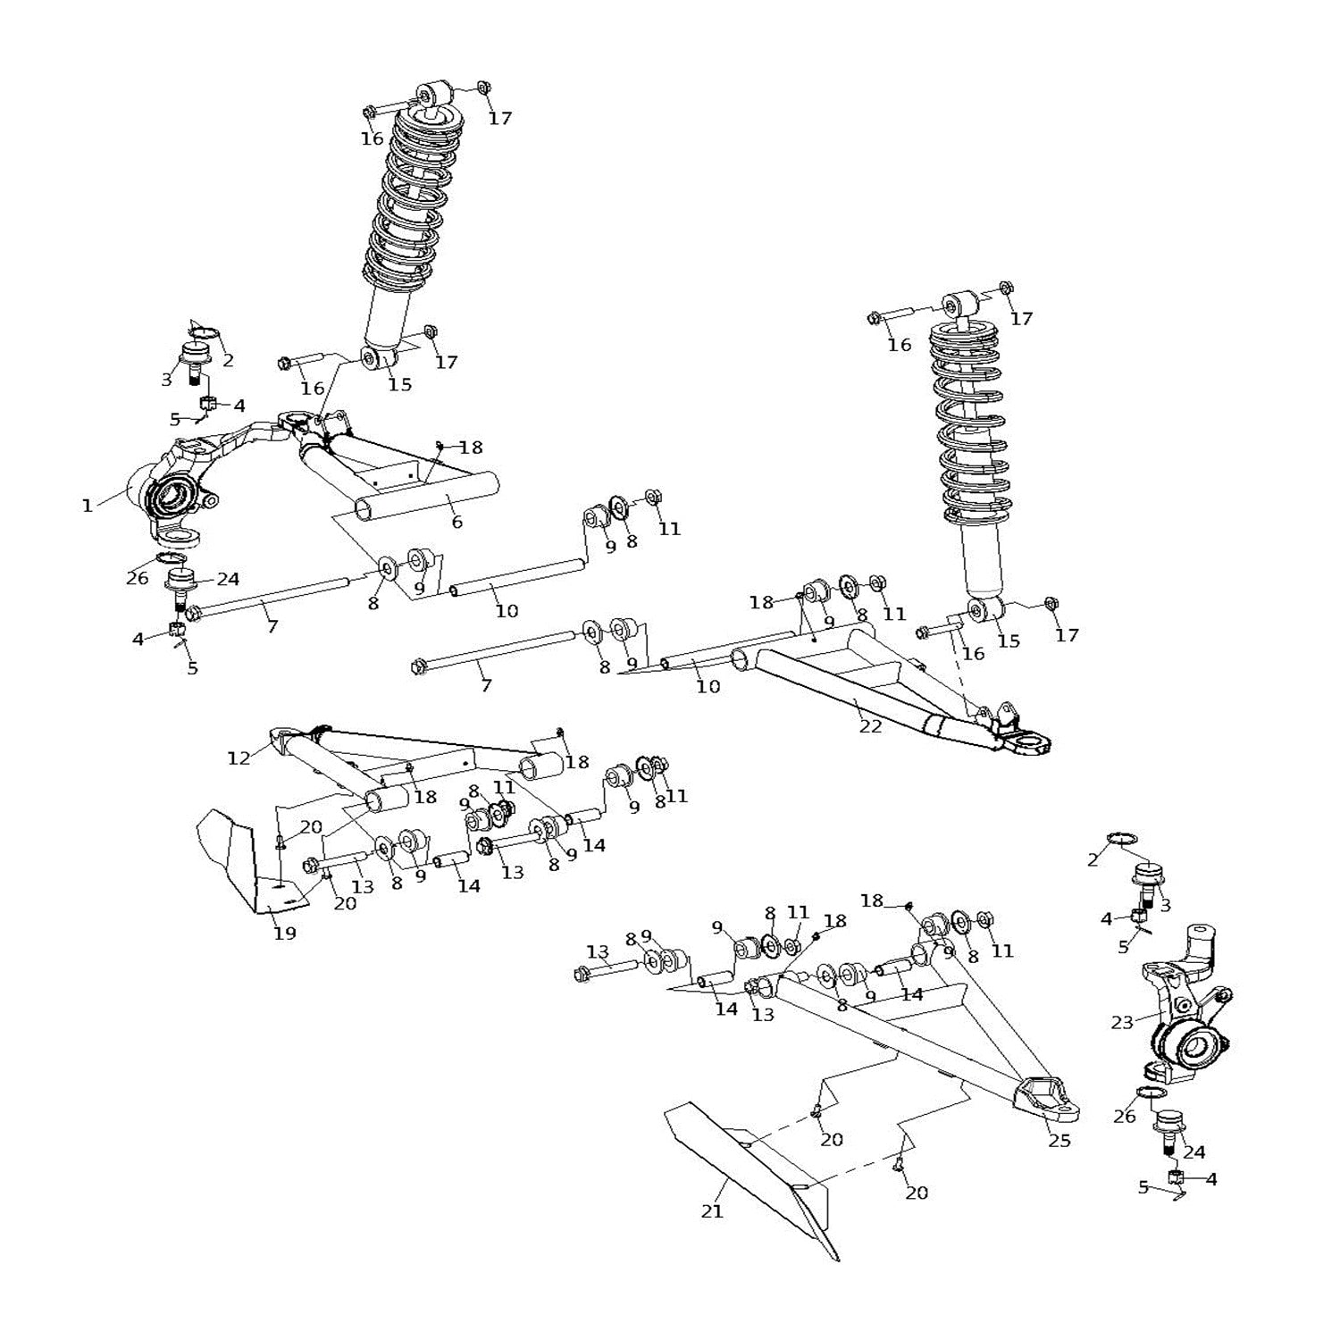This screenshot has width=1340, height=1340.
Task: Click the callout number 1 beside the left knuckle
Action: coord(87,507)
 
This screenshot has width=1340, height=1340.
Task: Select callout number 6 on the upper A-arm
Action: coord(456,523)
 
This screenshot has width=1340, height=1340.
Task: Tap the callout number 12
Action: coord(239,758)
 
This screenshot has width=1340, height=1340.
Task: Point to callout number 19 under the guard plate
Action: coord(284,934)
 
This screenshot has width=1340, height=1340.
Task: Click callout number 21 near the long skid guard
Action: coord(712,1211)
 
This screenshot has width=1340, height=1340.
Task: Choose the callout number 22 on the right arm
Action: coord(870,726)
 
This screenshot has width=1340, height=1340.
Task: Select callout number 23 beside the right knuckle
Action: coord(1122,1023)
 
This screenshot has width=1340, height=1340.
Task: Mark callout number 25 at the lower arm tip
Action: coord(1059,1141)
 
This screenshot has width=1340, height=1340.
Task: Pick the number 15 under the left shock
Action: coord(399,384)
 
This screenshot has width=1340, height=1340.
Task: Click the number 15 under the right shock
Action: coord(1008,641)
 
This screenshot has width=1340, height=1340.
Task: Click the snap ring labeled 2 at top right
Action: coord(1123,838)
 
